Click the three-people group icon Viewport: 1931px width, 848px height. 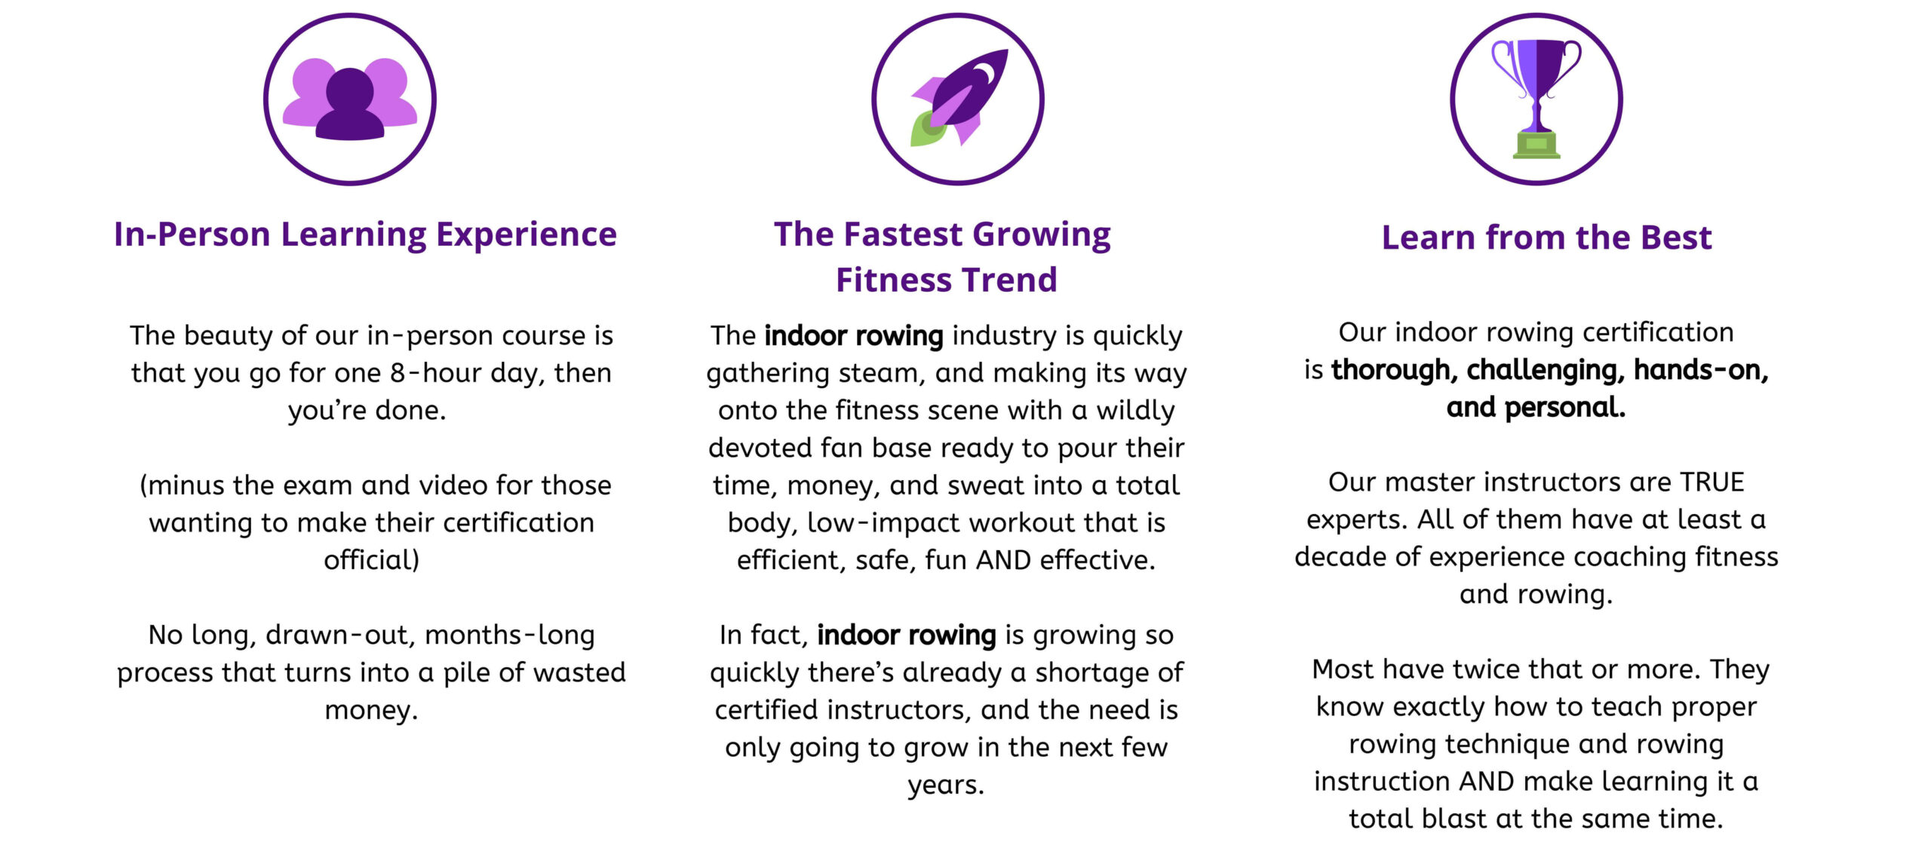[349, 99]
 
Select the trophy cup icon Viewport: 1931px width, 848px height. [1536, 99]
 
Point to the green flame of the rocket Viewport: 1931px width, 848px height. [929, 129]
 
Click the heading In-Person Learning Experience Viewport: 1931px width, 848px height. [365, 234]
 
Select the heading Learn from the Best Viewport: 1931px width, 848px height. [1546, 237]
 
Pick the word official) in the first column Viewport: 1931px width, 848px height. [371, 560]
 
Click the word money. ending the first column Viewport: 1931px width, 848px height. [371, 710]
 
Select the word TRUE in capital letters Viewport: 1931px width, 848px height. [1711, 482]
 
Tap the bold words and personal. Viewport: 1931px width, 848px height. [1536, 408]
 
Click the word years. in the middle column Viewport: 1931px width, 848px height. [946, 785]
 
